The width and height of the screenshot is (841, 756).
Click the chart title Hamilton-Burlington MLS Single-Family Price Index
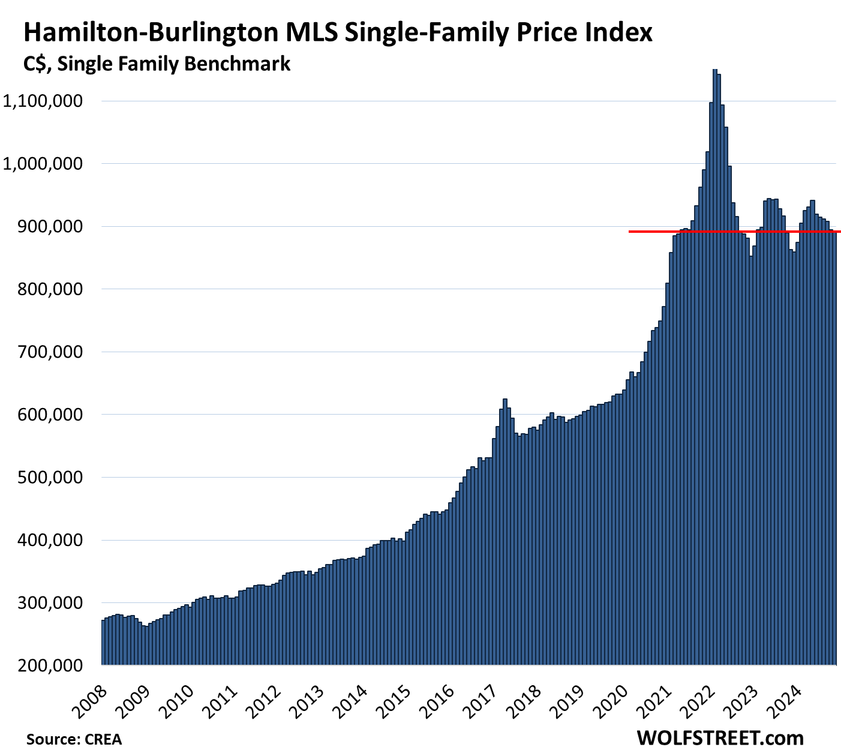coord(338,32)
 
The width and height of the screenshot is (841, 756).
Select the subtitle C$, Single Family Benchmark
coord(157,64)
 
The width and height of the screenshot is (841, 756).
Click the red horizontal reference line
coord(732,232)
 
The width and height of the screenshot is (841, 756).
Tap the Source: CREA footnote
coord(74,739)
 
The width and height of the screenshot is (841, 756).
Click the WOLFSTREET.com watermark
coord(720,737)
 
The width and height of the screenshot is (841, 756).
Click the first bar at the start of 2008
coord(103,642)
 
